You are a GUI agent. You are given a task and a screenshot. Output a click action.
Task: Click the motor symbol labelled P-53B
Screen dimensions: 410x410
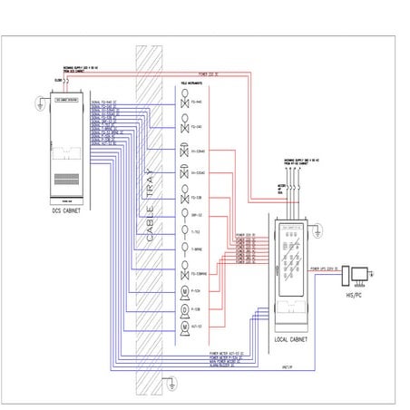pos(184,308)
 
